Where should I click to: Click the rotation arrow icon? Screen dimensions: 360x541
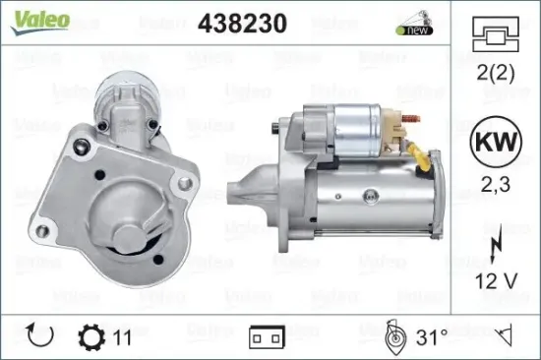[41, 337]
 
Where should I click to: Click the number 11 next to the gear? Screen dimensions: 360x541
[123, 337]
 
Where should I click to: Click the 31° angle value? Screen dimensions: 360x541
[432, 337]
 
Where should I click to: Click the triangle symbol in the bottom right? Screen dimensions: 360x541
[506, 337]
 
